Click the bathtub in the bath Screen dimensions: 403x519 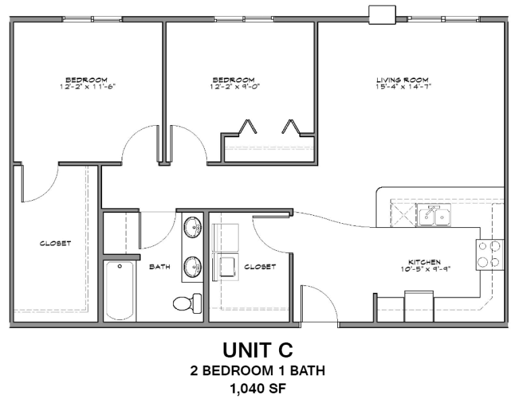[x=120, y=291]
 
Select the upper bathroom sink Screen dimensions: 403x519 [x=193, y=226]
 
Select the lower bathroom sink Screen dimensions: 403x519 [x=193, y=266]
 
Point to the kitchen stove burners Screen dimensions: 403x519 [x=490, y=254]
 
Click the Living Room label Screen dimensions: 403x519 [x=403, y=80]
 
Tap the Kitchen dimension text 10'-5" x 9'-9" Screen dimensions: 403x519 [x=424, y=268]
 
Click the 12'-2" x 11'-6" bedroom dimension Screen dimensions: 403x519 [x=86, y=87]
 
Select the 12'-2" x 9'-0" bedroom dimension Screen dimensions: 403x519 [x=234, y=87]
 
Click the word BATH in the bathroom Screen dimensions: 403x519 [x=159, y=267]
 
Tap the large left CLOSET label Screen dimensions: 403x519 [x=55, y=243]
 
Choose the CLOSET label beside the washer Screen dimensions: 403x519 [x=259, y=267]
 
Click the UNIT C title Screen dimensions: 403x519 [x=259, y=350]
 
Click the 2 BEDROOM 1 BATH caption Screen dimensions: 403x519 [x=259, y=371]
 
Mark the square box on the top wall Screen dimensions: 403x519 [x=382, y=14]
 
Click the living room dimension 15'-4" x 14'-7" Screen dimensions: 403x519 [x=403, y=87]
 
